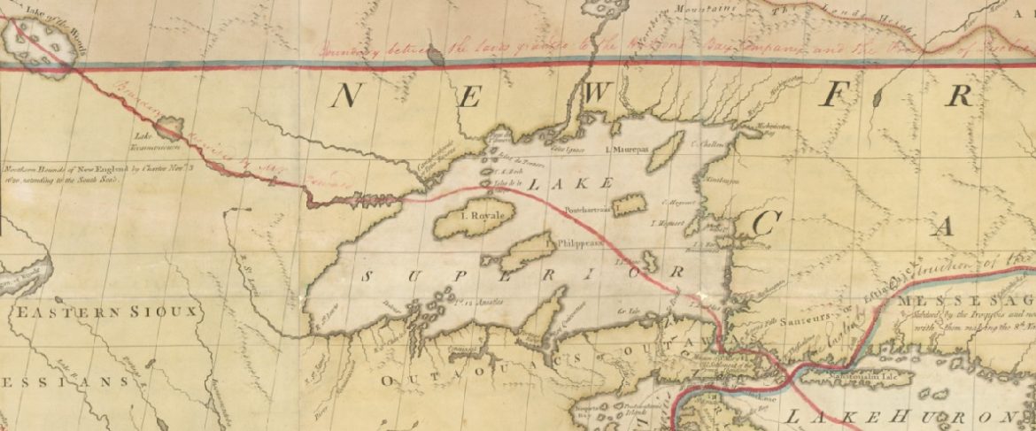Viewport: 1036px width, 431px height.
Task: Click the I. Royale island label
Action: coord(481,215)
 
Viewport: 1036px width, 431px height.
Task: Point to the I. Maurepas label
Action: coord(628,150)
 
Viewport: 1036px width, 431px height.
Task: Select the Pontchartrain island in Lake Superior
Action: coord(630,205)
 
